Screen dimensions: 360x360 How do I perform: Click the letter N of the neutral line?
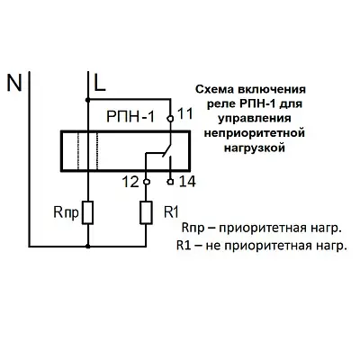[x=14, y=83]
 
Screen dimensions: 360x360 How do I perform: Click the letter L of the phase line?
[x=100, y=83]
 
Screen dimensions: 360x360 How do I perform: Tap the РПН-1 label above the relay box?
[x=130, y=116]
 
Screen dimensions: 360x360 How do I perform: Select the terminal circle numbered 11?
[x=170, y=119]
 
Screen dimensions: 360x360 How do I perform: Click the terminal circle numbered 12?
[x=146, y=182]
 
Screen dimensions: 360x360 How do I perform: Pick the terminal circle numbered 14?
[x=170, y=182]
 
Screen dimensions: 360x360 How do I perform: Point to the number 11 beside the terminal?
[x=185, y=114]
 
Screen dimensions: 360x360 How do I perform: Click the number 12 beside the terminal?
[x=131, y=182]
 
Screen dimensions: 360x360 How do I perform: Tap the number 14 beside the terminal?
[x=187, y=182]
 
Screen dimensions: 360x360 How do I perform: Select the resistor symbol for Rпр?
[x=87, y=212]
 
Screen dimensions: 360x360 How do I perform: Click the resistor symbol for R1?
[x=146, y=212]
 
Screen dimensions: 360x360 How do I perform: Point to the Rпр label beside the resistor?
[x=67, y=212]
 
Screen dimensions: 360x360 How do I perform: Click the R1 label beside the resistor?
[x=171, y=212]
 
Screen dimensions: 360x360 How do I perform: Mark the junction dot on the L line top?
[x=87, y=99]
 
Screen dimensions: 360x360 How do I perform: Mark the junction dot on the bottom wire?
[x=87, y=247]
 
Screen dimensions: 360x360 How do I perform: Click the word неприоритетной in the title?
[x=255, y=133]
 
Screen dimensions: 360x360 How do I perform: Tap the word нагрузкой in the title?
[x=255, y=148]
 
